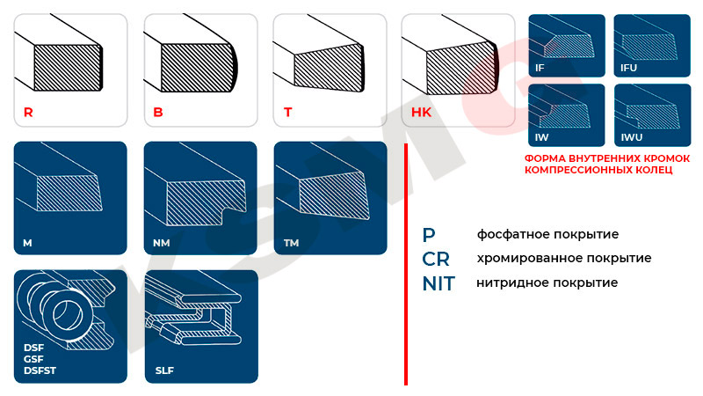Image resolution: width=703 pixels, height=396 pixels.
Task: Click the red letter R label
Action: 28,113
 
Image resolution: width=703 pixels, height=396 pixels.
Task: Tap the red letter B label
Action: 158,113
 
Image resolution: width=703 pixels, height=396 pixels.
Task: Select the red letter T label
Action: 287,113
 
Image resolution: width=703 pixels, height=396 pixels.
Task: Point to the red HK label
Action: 421,113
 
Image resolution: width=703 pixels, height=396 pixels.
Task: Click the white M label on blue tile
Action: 29,241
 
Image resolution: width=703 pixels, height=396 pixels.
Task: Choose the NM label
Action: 162,241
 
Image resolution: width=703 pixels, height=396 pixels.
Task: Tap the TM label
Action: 292,241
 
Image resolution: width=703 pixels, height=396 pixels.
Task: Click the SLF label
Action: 164,370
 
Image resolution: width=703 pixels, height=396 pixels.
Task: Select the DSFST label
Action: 39,370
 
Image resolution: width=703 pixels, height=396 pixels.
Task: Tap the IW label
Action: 541,138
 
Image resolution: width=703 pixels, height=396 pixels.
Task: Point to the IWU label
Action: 631,138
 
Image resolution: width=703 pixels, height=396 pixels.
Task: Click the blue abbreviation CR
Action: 436,259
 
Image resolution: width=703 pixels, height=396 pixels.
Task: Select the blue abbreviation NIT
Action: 439,283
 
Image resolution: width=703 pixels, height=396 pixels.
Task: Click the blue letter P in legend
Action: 428,234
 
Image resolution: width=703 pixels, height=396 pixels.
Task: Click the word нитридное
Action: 510,283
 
